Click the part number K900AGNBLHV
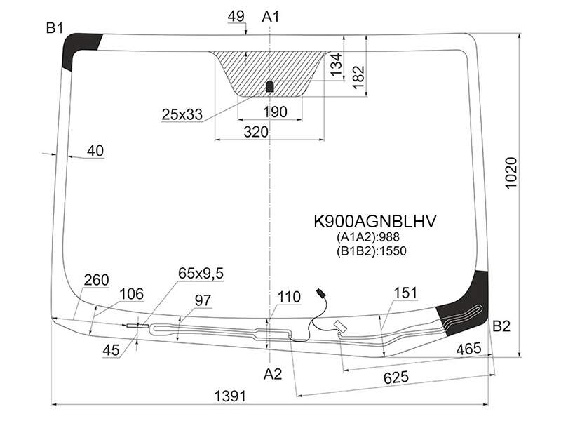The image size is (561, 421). coord(375,221)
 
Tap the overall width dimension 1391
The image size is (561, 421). coord(231,396)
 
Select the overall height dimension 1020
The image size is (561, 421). coord(511,173)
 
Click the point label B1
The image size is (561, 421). coord(55,28)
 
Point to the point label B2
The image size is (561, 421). coord(501,326)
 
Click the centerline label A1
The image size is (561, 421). coord(271,16)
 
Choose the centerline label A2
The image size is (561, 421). coord(273,374)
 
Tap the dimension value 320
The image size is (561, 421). coord(256,132)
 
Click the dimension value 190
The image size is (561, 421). coord(275,112)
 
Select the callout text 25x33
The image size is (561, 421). coord(182,114)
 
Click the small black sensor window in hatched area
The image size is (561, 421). coord(270,86)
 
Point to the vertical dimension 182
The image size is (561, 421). coord(358,77)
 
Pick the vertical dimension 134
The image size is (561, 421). coord(337,65)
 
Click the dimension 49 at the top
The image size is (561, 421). coord(236,16)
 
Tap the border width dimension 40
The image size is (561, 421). coord(95,151)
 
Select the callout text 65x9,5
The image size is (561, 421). coord(201,274)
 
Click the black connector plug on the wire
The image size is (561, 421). coord(320,293)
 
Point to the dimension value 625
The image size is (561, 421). coord(396,377)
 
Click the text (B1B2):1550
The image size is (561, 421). coord(372,251)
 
